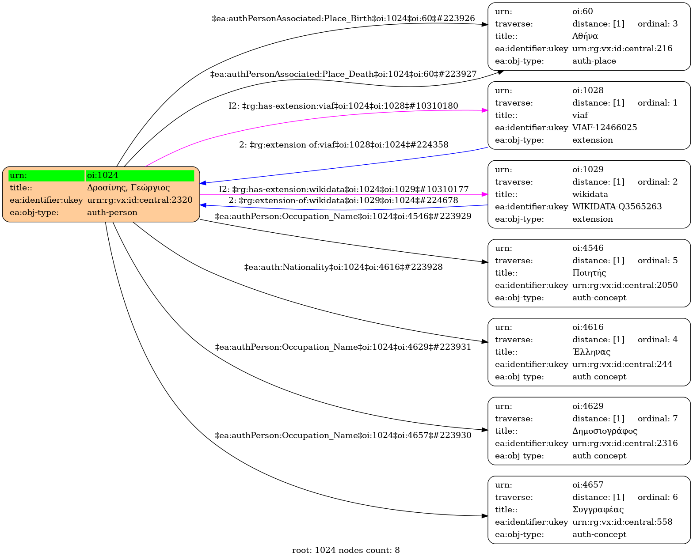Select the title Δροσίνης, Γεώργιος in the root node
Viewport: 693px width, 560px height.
coord(128,188)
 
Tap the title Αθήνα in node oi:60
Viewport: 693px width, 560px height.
coord(585,36)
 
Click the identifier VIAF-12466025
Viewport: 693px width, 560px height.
coord(604,128)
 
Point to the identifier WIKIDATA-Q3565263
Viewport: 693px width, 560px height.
coord(617,207)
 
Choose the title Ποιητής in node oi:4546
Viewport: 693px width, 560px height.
coord(589,273)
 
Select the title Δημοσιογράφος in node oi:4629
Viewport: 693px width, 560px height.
coord(605,431)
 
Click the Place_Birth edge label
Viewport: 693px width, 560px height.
coord(343,19)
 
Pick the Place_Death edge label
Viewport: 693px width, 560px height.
coord(343,74)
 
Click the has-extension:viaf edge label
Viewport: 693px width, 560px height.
coord(343,106)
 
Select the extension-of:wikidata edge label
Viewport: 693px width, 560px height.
coord(343,201)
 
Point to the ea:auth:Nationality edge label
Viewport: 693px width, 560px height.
coord(343,267)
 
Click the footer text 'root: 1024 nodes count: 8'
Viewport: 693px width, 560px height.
coord(346,550)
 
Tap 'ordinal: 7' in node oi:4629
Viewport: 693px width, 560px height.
coord(657,419)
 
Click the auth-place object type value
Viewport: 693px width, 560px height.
coord(594,61)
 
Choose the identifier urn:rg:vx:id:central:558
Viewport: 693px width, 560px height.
coord(622,522)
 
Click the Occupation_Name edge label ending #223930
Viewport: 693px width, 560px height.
coord(343,435)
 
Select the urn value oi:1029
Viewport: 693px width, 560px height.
coord(587,170)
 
